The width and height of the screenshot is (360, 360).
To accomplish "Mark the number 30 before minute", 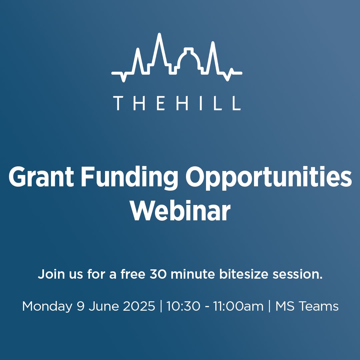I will (x=158, y=275).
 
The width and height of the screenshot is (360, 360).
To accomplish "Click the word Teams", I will (x=320, y=306).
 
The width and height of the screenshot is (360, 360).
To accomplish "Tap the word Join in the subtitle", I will (x=50, y=275).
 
